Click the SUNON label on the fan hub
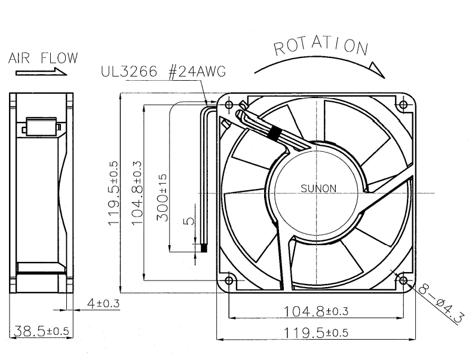coord(318,188)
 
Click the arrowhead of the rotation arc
coord(377,69)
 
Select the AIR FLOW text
coord(43,58)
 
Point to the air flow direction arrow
coord(41,72)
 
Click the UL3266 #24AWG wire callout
coord(163,72)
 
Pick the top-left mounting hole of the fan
coord(229,105)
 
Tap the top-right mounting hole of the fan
coord(403,105)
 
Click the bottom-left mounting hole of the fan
coord(229,280)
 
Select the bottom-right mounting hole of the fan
coord(403,280)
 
